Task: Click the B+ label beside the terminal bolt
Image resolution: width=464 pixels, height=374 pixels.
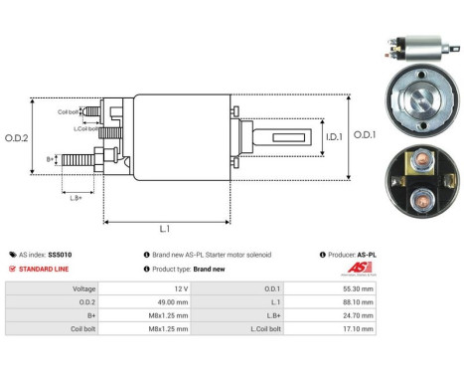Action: click(x=51, y=158)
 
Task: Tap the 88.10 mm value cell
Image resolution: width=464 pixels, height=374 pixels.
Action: click(x=360, y=302)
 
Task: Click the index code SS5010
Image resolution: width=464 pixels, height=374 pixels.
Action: click(x=60, y=255)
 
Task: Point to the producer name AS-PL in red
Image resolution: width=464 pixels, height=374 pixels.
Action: click(x=367, y=255)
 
